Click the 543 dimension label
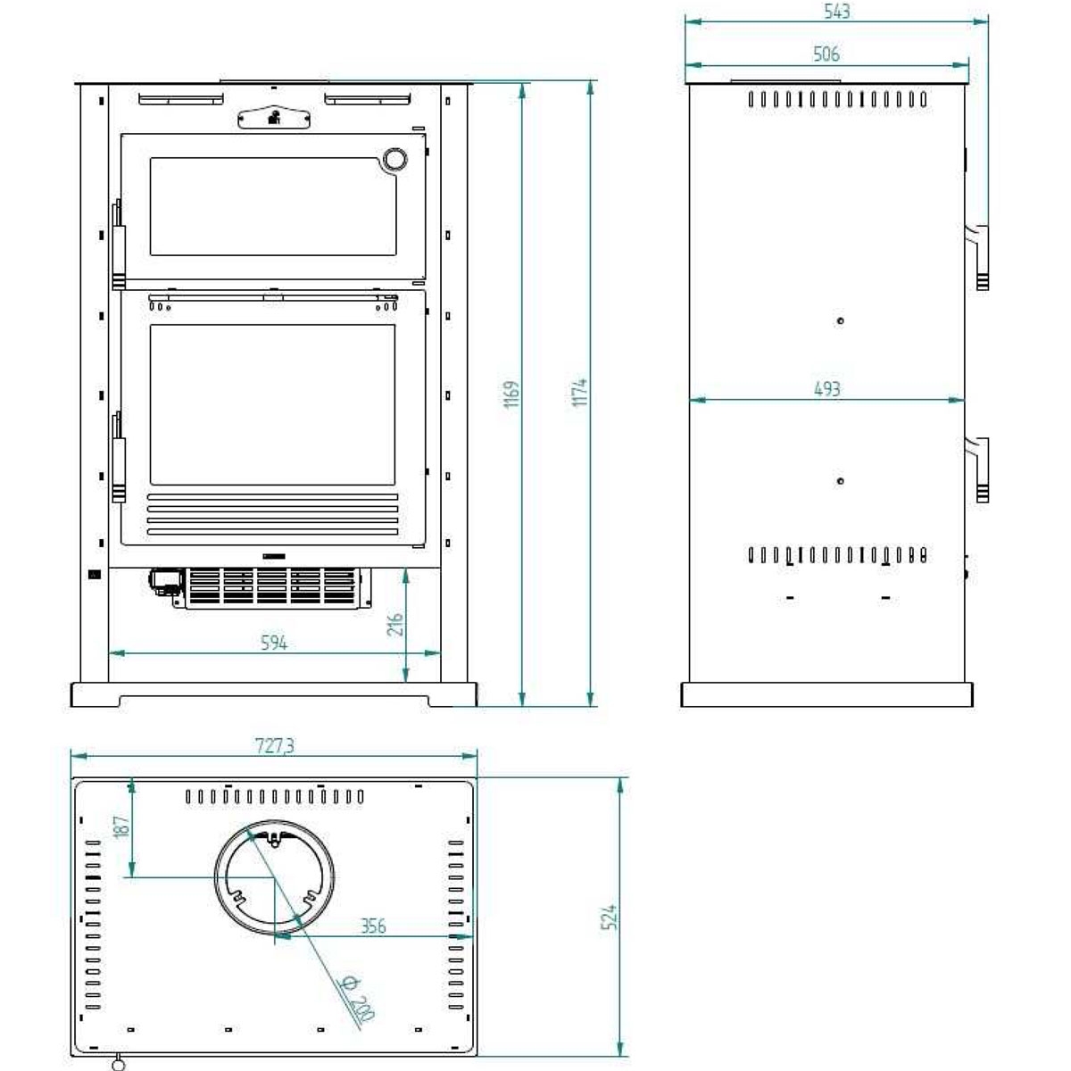837,12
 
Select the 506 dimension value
826,54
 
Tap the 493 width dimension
826,388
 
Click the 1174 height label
580,393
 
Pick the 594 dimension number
274,642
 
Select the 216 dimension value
395,624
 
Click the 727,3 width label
274,747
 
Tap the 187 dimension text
122,826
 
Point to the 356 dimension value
373,926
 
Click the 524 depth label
610,917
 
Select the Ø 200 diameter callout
356,998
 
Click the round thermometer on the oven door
393,159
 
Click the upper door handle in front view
118,245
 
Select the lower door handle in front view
118,457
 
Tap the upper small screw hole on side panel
840,320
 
